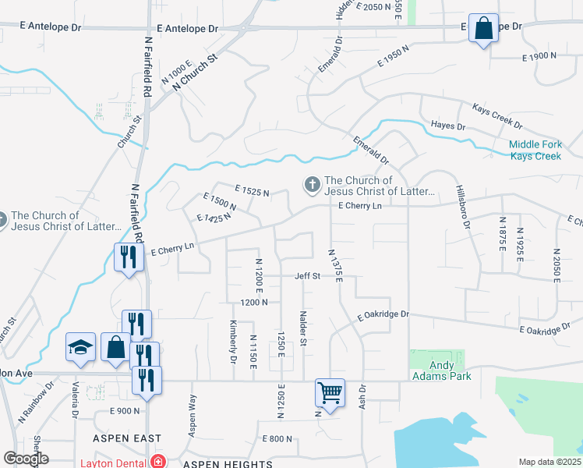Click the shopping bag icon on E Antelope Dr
click(x=483, y=28)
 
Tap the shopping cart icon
click(x=330, y=392)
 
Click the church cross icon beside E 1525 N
click(x=312, y=185)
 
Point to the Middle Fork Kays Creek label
click(x=535, y=151)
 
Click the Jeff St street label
click(x=307, y=276)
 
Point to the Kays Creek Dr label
click(x=496, y=115)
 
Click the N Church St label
click(x=194, y=71)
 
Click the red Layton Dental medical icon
click(x=157, y=462)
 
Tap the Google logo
click(x=26, y=459)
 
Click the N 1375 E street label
click(x=336, y=266)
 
